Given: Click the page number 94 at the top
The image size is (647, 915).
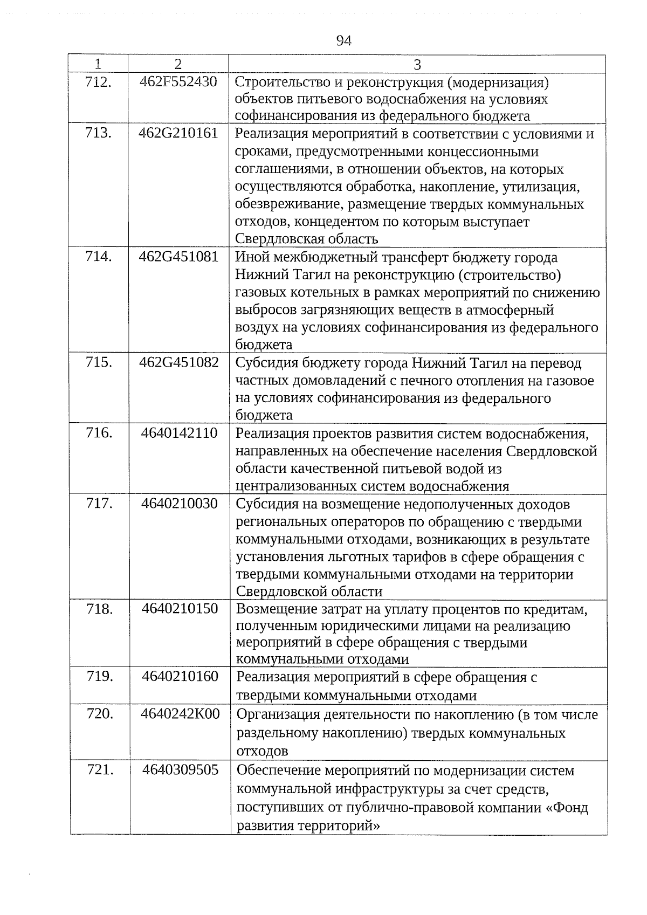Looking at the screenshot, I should (343, 41).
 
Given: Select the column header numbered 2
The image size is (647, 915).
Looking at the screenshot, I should (178, 64).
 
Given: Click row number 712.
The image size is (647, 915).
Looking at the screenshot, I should (99, 82).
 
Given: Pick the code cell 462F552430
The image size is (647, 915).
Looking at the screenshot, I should (178, 82).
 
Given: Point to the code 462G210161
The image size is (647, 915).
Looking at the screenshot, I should (178, 133).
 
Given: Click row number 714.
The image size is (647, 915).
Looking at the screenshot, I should (99, 257).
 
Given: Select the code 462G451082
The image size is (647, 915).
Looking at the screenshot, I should (179, 362).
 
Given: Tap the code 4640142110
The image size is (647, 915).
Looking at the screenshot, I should (180, 433).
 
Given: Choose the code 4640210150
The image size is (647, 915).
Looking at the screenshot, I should (180, 609).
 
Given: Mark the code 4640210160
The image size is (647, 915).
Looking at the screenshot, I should (180, 676).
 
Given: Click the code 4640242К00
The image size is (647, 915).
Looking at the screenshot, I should (180, 714).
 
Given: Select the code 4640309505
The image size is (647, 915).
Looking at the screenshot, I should (181, 770).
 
